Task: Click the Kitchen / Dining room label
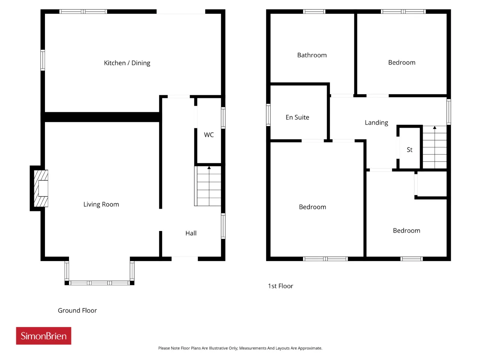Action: pyautogui.click(x=127, y=63)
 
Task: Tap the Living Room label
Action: pyautogui.click(x=101, y=204)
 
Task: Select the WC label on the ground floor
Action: pyautogui.click(x=208, y=135)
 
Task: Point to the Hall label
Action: pyautogui.click(x=191, y=233)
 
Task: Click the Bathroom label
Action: pyautogui.click(x=312, y=55)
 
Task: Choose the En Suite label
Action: pyautogui.click(x=297, y=117)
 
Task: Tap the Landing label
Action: pyautogui.click(x=376, y=123)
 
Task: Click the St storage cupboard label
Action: pyautogui.click(x=409, y=150)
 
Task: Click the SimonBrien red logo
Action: pyautogui.click(x=43, y=336)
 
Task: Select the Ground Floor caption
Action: pyautogui.click(x=77, y=310)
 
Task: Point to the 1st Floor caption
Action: pyautogui.click(x=280, y=286)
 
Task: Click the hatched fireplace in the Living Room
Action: pyautogui.click(x=41, y=188)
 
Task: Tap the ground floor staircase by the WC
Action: pyautogui.click(x=208, y=186)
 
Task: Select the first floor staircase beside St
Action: pyautogui.click(x=435, y=147)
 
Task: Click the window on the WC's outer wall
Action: pyautogui.click(x=223, y=118)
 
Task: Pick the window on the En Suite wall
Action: pyautogui.click(x=268, y=115)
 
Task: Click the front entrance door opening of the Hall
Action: pyautogui.click(x=184, y=259)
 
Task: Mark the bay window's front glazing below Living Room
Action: pyautogui.click(x=99, y=283)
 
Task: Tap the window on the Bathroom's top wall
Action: pyautogui.click(x=314, y=12)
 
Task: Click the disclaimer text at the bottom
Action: pyautogui.click(x=240, y=348)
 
